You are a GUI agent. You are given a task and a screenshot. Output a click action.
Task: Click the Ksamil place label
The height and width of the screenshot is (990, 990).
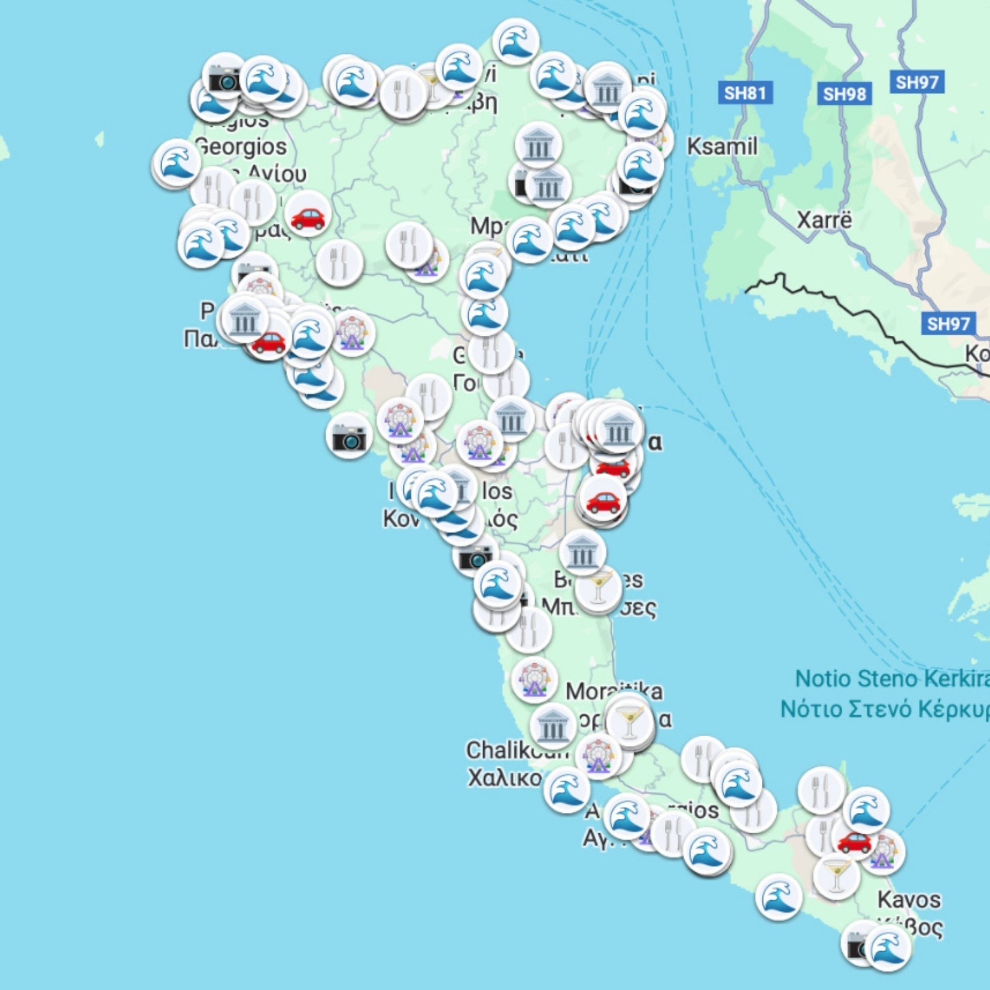click(x=721, y=146)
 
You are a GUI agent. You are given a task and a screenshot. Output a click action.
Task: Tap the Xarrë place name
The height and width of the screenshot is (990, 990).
click(x=824, y=220)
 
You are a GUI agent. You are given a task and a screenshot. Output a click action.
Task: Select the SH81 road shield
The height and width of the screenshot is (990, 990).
click(x=745, y=93)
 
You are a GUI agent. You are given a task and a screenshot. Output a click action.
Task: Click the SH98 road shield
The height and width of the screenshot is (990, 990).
click(x=844, y=94)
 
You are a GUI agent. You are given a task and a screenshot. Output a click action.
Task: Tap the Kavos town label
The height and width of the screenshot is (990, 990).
click(x=909, y=899)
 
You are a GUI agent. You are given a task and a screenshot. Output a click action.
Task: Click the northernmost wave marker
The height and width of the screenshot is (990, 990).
click(x=515, y=41)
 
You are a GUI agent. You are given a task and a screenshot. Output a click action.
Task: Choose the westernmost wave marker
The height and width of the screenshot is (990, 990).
click(x=175, y=162)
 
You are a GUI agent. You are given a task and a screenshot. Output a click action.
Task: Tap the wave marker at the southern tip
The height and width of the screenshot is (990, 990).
click(x=888, y=948)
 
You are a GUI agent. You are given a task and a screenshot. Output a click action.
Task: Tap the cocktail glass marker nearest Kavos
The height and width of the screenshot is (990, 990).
click(x=836, y=875)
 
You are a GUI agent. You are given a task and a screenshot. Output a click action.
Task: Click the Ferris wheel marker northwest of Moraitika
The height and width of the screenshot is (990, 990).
click(x=533, y=680)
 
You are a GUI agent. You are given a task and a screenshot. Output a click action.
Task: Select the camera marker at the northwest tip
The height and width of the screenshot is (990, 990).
click(x=224, y=77)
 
